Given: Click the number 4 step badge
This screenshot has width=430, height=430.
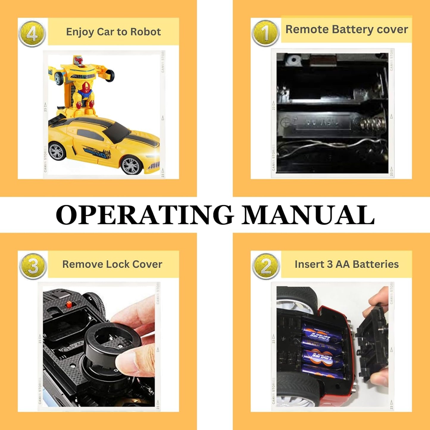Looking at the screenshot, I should tap(32, 34).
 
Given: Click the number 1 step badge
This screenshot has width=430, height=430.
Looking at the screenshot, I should tap(265, 33).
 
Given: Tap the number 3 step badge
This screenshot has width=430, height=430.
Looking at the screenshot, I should tap(33, 266).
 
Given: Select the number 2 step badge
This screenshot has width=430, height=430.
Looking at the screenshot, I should tap(266, 266).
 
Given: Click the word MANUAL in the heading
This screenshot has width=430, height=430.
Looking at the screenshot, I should tap(308, 215).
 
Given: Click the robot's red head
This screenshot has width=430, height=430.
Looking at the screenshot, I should tap(79, 61).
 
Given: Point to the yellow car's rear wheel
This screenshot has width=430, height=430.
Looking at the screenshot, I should tap(57, 151).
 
